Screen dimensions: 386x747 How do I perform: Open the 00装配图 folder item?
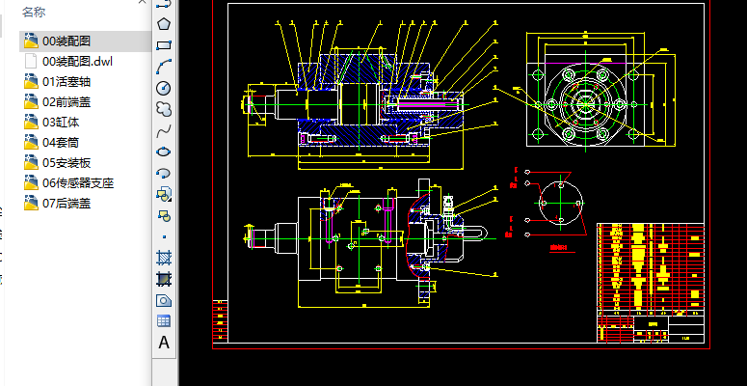[67, 41]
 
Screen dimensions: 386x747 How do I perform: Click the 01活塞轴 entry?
[67, 82]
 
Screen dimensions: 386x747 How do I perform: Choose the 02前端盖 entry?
[67, 102]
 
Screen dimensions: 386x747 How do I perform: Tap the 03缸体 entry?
[61, 123]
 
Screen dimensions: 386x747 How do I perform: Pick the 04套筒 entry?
[61, 143]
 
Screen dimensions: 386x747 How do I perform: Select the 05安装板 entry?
[67, 163]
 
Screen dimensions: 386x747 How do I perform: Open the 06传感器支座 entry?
[78, 183]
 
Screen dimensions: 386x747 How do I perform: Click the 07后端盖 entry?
[67, 204]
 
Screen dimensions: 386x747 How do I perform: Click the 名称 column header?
[34, 12]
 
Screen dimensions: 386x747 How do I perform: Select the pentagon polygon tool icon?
[164, 23]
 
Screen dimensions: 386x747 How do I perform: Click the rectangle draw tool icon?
[164, 44]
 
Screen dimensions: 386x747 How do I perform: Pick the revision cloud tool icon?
[164, 108]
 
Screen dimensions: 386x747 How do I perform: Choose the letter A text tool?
[164, 343]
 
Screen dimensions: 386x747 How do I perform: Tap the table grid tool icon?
[164, 321]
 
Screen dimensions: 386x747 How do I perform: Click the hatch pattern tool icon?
[164, 258]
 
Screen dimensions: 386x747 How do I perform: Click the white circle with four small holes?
[557, 205]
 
